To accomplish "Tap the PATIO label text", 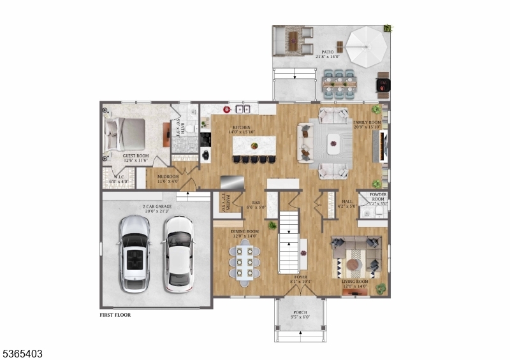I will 328,52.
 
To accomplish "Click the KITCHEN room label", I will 241,127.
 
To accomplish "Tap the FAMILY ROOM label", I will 367,122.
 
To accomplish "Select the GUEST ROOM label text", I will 136,155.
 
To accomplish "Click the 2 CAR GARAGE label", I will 157,206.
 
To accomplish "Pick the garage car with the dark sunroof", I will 135,253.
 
